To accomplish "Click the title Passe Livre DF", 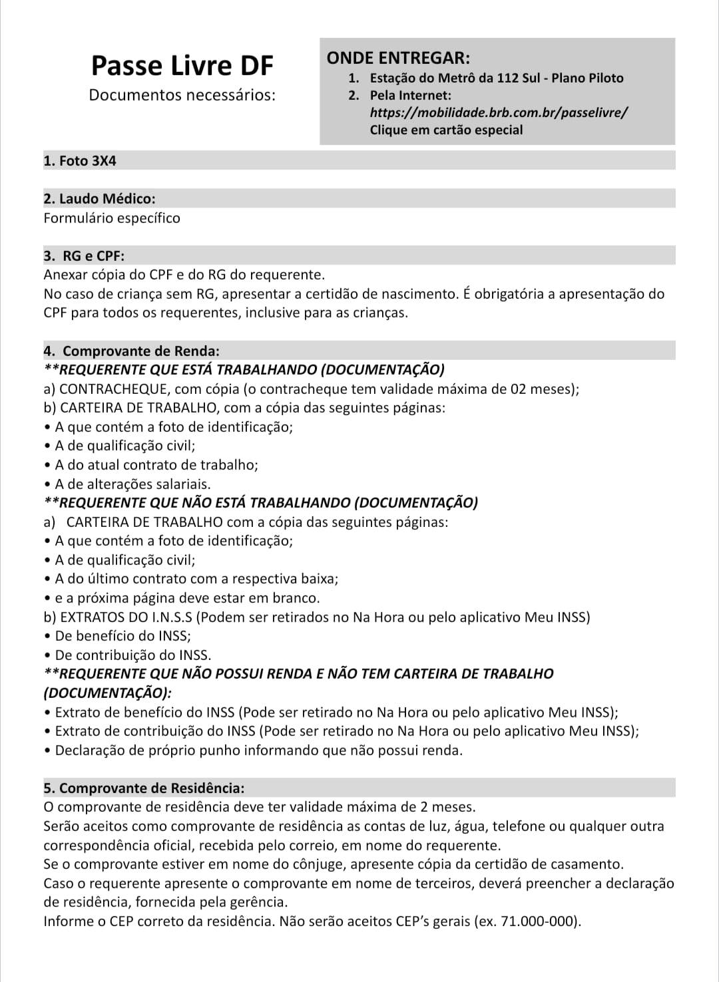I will pos(182,66).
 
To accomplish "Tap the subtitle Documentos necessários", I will pos(182,95).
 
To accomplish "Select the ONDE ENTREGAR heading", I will pos(398,58).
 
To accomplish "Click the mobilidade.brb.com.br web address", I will pos(499,112).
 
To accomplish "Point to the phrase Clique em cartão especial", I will pos(446,130).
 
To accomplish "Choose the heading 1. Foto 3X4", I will pos(80,160).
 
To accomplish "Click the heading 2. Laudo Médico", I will pos(99,198).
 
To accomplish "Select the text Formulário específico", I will pos(112,218).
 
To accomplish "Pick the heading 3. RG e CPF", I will pos(85,255).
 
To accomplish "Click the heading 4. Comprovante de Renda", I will pos(132,351).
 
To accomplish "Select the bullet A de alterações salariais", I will pos(132,484).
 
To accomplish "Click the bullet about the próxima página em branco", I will pos(186,598).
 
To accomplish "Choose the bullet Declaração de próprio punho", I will pos(258,750).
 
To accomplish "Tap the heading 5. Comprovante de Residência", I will pos(144,788).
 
